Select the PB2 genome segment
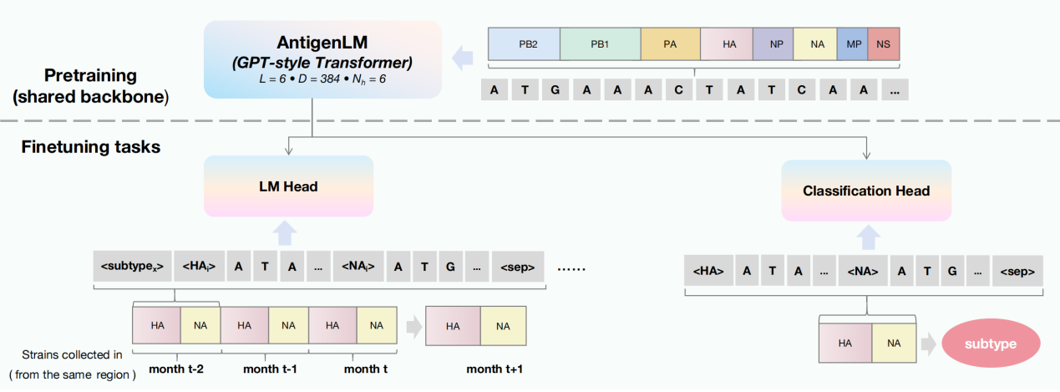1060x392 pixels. tap(524, 44)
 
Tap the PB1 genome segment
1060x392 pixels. tap(600, 44)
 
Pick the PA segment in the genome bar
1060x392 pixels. tap(670, 44)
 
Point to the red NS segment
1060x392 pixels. tap(884, 44)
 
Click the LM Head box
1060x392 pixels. tap(288, 186)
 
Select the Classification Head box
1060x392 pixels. tap(866, 191)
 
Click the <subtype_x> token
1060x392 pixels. tap(132, 267)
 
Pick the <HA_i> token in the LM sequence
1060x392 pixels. tap(199, 267)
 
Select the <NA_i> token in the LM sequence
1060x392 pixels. tap(358, 267)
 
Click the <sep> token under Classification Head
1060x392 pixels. tap(1016, 272)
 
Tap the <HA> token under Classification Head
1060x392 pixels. tap(708, 272)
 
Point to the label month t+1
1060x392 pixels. tap(494, 369)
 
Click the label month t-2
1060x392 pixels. tap(176, 369)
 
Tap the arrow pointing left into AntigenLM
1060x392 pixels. tap(460, 58)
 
